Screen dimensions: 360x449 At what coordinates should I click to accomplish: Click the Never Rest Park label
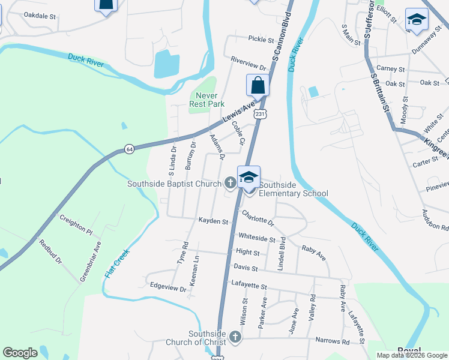pyautogui.click(x=207, y=100)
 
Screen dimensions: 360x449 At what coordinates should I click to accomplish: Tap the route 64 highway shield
pyautogui.click(x=129, y=148)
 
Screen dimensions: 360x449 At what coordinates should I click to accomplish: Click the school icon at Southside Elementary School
pyautogui.click(x=249, y=177)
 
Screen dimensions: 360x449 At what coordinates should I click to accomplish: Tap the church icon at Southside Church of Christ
pyautogui.click(x=235, y=337)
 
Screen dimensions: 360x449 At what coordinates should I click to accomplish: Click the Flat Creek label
pyautogui.click(x=118, y=263)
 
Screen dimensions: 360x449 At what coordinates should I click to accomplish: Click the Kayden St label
pyautogui.click(x=213, y=221)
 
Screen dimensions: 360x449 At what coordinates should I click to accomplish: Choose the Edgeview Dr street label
pyautogui.click(x=169, y=287)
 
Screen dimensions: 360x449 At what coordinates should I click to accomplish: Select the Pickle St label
pyautogui.click(x=261, y=39)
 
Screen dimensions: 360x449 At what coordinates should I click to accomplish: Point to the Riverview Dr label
pyautogui.click(x=248, y=62)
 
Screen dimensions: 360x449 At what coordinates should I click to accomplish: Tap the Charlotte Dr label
pyautogui.click(x=258, y=218)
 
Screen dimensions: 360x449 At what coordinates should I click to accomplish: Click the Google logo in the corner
pyautogui.click(x=20, y=353)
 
